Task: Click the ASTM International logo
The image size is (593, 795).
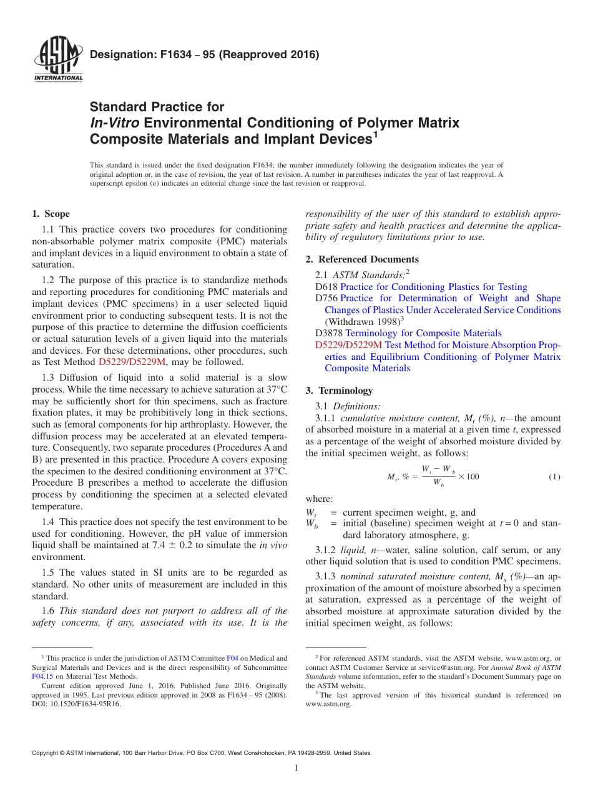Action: (x=57, y=60)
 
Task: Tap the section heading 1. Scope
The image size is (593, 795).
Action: (x=51, y=214)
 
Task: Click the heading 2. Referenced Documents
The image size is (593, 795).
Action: (x=362, y=259)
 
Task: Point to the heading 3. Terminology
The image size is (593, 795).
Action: (x=339, y=391)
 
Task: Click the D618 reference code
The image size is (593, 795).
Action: (x=326, y=287)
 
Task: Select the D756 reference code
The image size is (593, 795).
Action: (x=326, y=298)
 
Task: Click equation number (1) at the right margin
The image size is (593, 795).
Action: (x=554, y=477)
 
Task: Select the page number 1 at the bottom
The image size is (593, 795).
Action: (x=296, y=768)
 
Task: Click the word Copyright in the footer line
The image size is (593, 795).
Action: (x=47, y=753)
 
